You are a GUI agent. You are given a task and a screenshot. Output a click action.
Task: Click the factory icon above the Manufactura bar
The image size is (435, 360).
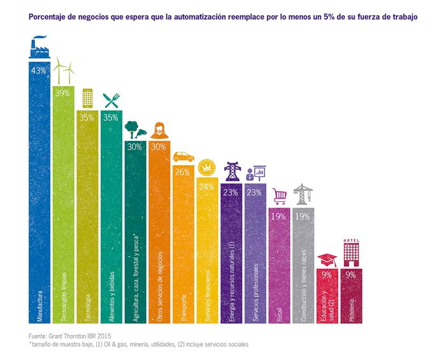[39, 48]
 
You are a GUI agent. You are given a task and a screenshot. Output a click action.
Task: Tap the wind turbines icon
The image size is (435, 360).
[64, 71]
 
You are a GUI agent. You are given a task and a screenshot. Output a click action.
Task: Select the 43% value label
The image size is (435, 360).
[39, 70]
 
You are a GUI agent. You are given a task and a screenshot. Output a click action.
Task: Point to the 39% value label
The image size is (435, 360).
[63, 93]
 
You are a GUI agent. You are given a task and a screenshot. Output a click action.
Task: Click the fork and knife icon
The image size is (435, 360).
[111, 99]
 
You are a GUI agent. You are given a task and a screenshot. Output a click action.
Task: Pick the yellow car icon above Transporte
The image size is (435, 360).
[183, 156]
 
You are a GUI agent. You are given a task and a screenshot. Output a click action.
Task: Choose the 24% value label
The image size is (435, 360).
[207, 187]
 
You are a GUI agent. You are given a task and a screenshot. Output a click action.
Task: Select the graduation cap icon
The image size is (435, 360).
[328, 259]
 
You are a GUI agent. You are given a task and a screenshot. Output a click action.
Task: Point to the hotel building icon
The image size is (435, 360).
[352, 252]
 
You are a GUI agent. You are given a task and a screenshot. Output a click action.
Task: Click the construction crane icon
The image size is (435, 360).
[303, 193]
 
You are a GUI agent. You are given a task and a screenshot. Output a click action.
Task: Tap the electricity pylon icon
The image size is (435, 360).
[232, 172]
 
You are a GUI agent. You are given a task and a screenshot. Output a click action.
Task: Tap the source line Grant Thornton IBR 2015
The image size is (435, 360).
[70, 336]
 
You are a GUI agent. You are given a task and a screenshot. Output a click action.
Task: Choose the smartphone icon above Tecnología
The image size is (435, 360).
[87, 98]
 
